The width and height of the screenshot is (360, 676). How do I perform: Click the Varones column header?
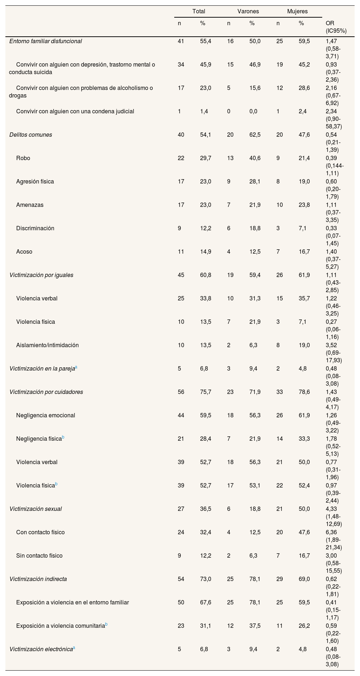(248, 12)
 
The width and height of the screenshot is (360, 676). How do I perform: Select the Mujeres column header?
(297, 12)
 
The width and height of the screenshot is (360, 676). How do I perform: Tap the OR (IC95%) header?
(336, 27)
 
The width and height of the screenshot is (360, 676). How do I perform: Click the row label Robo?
(23, 158)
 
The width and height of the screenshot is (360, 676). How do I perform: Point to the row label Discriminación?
(35, 228)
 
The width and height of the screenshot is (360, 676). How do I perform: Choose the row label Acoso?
(24, 251)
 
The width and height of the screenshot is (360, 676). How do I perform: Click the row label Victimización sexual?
(36, 509)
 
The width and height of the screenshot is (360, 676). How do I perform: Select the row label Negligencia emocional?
(45, 415)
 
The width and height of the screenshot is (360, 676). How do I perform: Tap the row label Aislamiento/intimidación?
(47, 345)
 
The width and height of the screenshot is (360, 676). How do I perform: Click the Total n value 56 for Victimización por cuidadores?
(181, 392)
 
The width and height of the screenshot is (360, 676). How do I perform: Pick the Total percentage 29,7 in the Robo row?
(206, 158)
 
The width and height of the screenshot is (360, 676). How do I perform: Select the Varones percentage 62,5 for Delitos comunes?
(255, 135)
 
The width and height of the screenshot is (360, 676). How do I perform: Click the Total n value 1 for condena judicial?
(179, 111)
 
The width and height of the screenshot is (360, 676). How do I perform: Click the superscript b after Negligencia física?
(63, 437)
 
